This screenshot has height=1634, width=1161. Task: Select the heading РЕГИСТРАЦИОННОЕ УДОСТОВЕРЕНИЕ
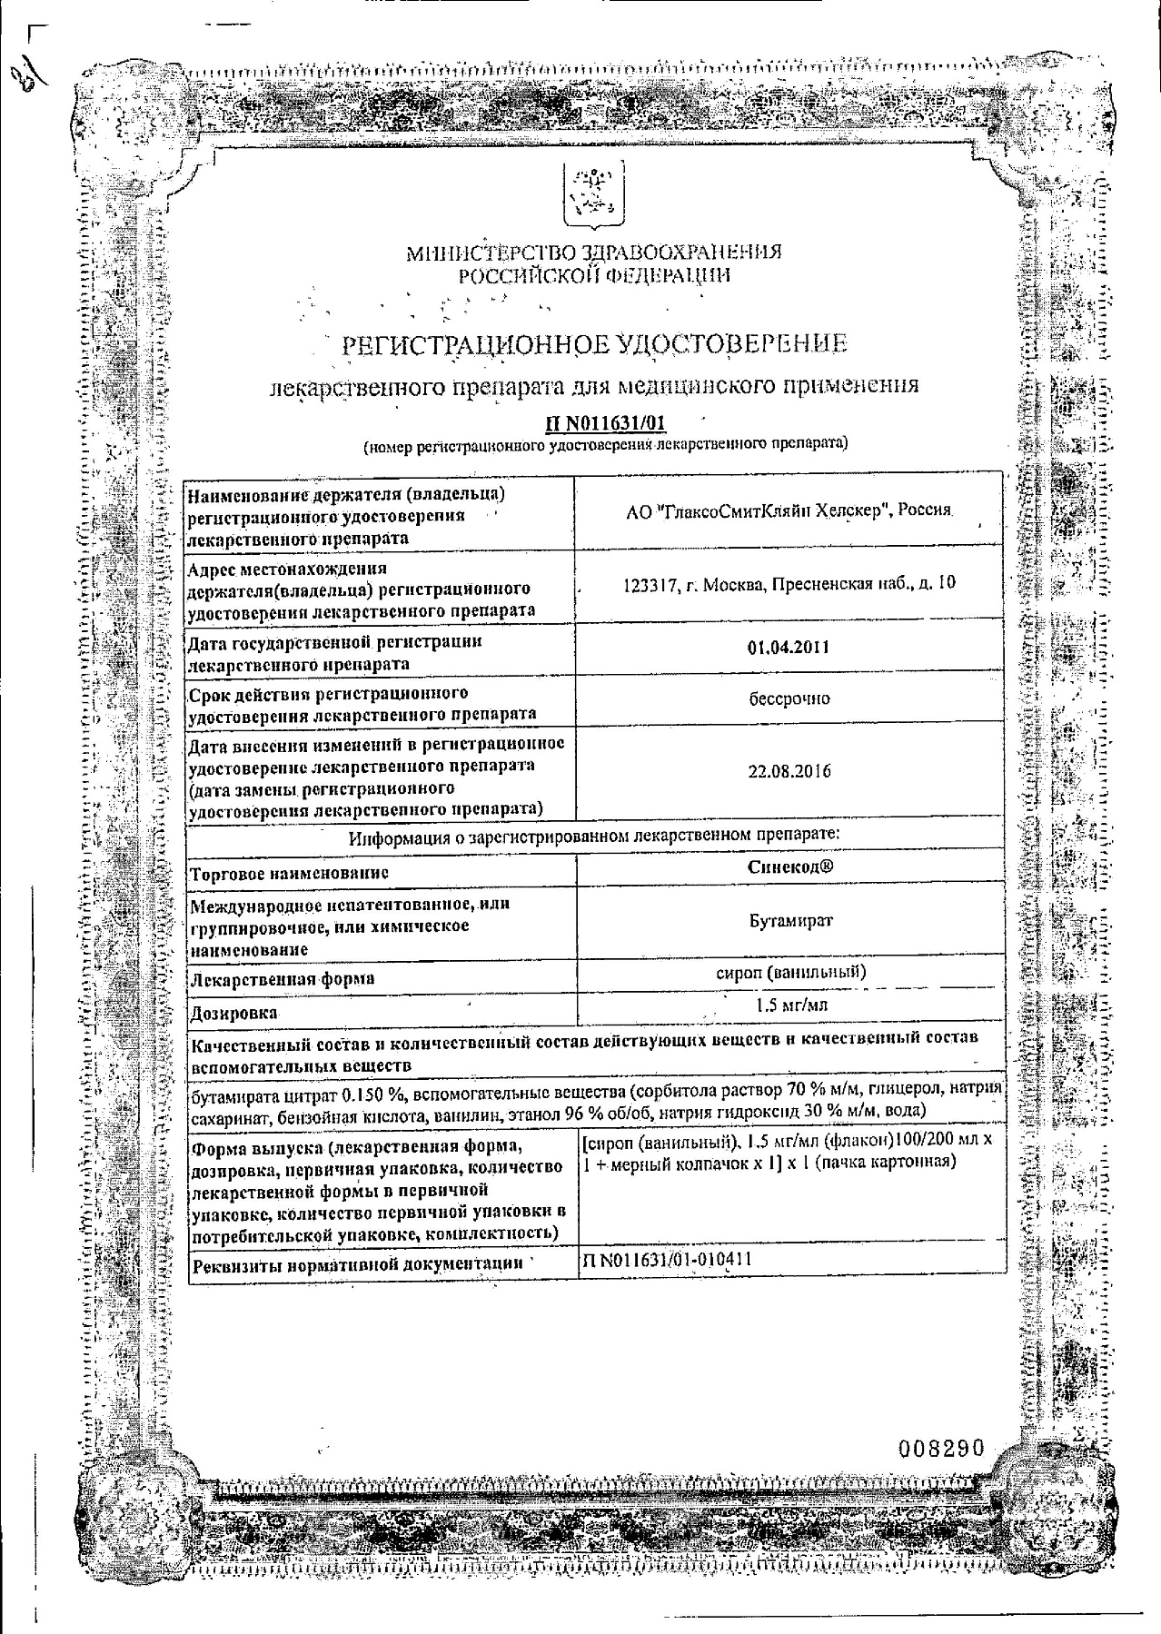[592, 343]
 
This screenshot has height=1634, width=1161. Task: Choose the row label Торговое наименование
[289, 873]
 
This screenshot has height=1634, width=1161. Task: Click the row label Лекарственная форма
[283, 979]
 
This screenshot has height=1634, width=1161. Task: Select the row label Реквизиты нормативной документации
[357, 1263]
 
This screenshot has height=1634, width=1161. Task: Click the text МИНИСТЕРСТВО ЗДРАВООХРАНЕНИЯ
[592, 253]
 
